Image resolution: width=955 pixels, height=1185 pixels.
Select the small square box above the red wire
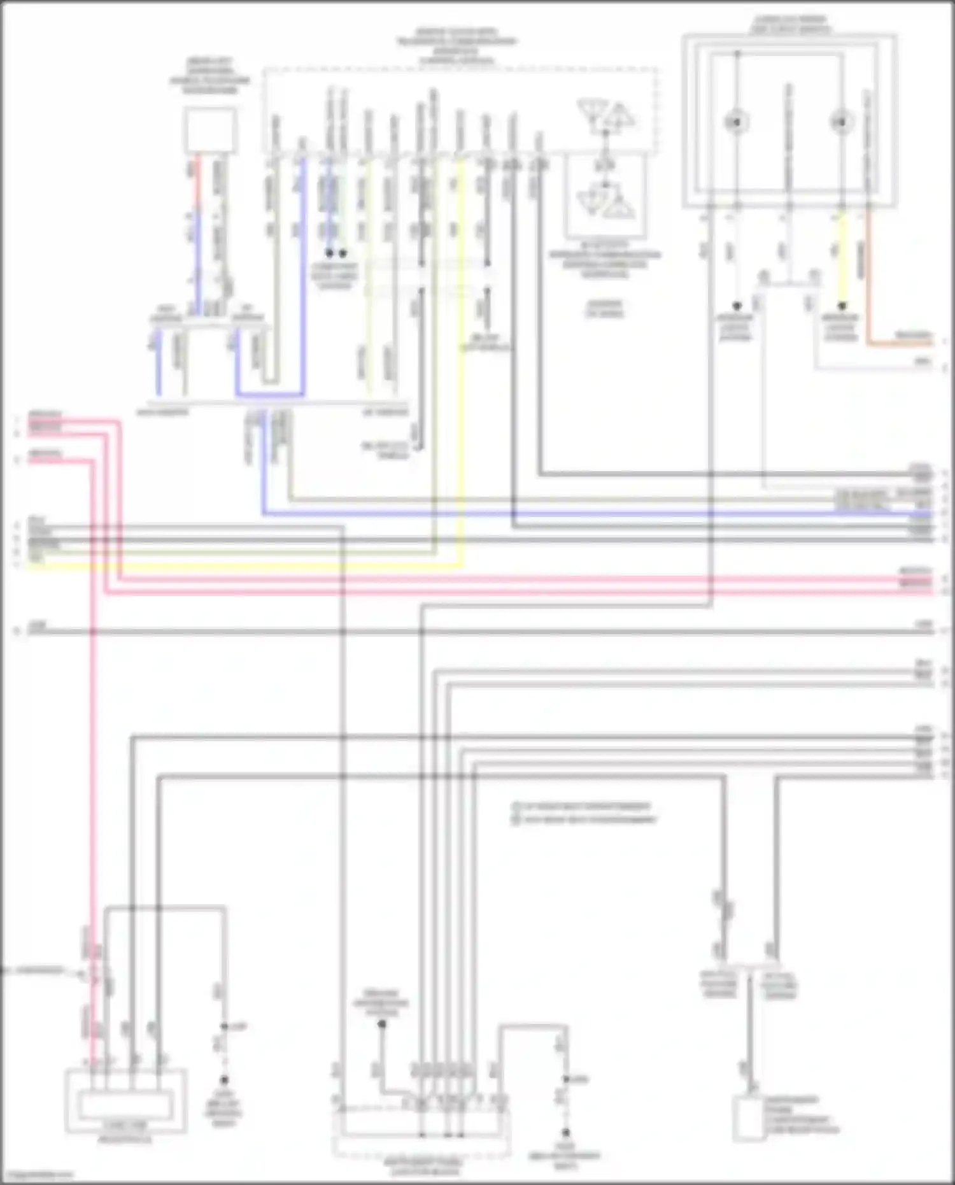210,131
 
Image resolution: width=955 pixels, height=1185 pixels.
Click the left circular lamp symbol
737,121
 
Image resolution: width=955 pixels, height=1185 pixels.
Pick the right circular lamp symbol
841,121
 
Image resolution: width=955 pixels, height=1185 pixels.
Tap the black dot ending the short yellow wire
842,306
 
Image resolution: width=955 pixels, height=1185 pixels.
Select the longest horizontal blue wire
592,514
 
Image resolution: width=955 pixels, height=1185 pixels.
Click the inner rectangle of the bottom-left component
124,1105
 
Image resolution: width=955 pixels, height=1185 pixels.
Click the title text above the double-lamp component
789,24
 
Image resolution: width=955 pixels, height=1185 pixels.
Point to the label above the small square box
210,76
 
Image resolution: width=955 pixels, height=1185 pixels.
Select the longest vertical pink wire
93,764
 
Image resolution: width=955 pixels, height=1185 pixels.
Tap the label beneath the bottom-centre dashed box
423,1167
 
